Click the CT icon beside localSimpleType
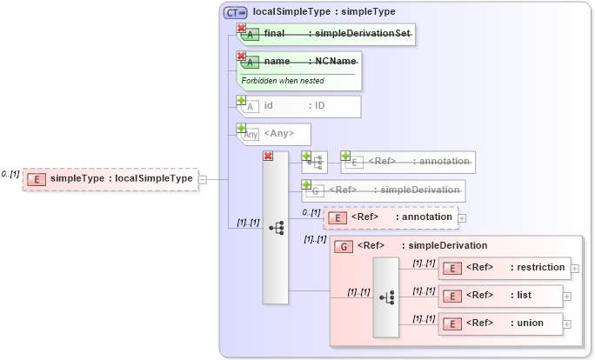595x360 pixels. [236, 12]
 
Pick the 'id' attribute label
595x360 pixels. [269, 106]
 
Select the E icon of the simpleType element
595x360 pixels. [36, 179]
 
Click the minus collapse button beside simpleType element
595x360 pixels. [203, 179]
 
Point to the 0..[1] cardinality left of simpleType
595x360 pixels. [10, 174]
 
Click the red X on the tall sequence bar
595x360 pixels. [268, 157]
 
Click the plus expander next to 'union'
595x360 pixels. [567, 324]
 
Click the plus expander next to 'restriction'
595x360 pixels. [575, 269]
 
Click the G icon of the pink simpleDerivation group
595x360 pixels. [344, 246]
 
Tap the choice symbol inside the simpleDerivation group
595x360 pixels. [386, 297]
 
